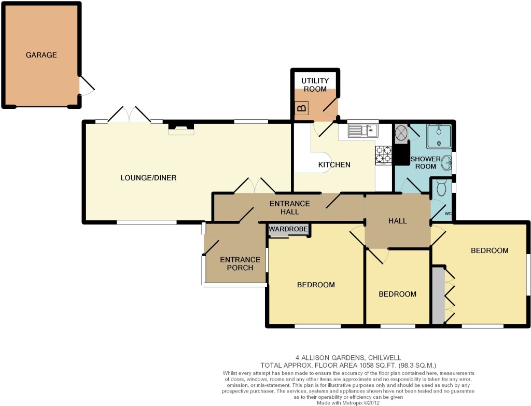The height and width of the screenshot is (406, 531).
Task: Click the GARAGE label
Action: (41, 55)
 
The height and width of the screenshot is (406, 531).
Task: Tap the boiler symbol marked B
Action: (302, 108)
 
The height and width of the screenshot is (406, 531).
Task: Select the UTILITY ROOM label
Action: (315, 85)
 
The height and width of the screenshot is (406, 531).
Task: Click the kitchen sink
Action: (362, 131)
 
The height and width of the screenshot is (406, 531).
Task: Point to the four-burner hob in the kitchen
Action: (383, 155)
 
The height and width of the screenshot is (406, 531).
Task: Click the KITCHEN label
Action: (334, 165)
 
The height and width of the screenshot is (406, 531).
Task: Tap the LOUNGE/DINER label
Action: (148, 178)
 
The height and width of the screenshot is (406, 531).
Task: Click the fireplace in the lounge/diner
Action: (181, 129)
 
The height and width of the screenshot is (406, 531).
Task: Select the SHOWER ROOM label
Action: (426, 162)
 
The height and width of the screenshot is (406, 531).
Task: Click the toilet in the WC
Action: (441, 188)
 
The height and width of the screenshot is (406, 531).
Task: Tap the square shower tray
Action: (439, 136)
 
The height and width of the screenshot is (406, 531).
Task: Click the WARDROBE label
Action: (288, 229)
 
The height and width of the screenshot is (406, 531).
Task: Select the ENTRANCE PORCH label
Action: (240, 264)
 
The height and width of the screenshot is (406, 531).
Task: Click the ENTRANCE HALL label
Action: (289, 207)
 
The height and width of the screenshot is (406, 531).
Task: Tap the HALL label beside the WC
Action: (398, 221)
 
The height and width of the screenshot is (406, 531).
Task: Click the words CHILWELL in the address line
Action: (385, 358)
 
